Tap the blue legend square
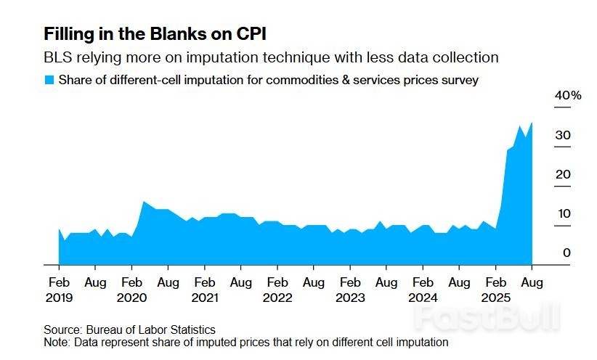point(49,80)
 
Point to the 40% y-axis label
point(568,96)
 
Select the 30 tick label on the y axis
point(563,135)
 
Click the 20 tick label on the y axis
point(563,174)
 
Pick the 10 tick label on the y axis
point(563,213)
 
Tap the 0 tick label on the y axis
point(566,253)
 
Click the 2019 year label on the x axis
point(59,298)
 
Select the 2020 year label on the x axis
point(131,298)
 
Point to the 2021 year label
point(205,298)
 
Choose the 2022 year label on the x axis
point(277,298)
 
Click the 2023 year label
point(350,298)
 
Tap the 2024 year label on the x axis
point(423,298)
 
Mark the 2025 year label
point(496,298)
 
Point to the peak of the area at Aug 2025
point(532,123)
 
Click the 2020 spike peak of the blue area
point(144,201)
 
